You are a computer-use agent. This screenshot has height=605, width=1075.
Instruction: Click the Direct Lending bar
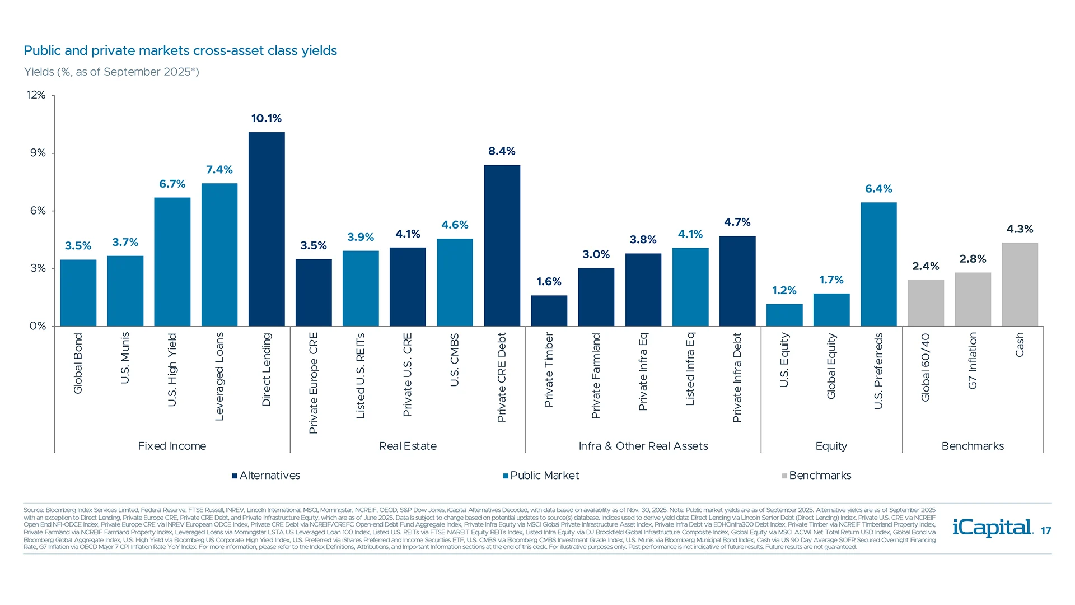pos(267,230)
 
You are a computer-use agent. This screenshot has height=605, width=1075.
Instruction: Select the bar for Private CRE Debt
pos(502,246)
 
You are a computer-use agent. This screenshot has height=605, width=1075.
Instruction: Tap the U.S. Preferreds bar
pos(878,264)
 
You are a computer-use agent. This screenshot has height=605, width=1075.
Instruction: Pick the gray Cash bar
pos(1020,285)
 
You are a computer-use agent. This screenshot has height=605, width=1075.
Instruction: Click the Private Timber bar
pos(549,311)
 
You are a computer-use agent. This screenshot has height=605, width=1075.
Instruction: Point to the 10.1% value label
pos(267,118)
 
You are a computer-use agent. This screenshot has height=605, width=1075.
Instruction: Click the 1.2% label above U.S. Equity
pos(784,290)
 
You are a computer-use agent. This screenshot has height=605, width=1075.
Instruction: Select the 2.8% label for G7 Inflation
pos(973,259)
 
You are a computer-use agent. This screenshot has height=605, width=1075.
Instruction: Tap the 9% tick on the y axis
pos(38,153)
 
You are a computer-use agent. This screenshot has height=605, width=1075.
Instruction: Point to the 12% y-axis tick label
pos(36,95)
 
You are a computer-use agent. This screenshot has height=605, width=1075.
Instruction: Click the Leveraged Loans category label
pos(219,376)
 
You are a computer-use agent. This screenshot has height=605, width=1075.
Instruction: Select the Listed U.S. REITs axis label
pos(361,375)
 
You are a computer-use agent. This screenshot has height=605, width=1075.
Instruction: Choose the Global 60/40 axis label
pos(926,367)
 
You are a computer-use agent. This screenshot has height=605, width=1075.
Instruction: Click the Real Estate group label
pos(408,446)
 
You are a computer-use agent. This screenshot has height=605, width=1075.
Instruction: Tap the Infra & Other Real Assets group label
pos(643,446)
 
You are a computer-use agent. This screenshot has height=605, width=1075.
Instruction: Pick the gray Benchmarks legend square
pos(785,476)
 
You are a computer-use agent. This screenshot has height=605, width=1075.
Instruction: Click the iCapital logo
pos(992,528)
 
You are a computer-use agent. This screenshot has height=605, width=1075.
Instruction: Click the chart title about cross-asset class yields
pos(180,51)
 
